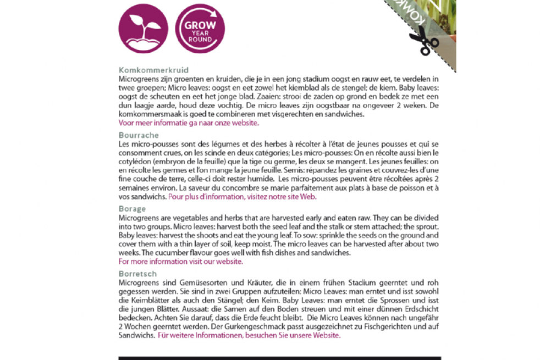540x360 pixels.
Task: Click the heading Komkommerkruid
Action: pos(153,70)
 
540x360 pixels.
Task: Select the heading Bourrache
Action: pos(139,135)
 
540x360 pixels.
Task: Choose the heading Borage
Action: pos(132,209)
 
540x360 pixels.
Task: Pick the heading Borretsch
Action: pos(137,274)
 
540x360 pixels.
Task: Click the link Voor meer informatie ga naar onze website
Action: pos(189,123)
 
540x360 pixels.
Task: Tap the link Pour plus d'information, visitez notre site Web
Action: pos(243,197)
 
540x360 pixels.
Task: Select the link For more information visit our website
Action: pos(181,262)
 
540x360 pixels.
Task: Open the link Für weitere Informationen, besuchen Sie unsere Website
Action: pos(249,335)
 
